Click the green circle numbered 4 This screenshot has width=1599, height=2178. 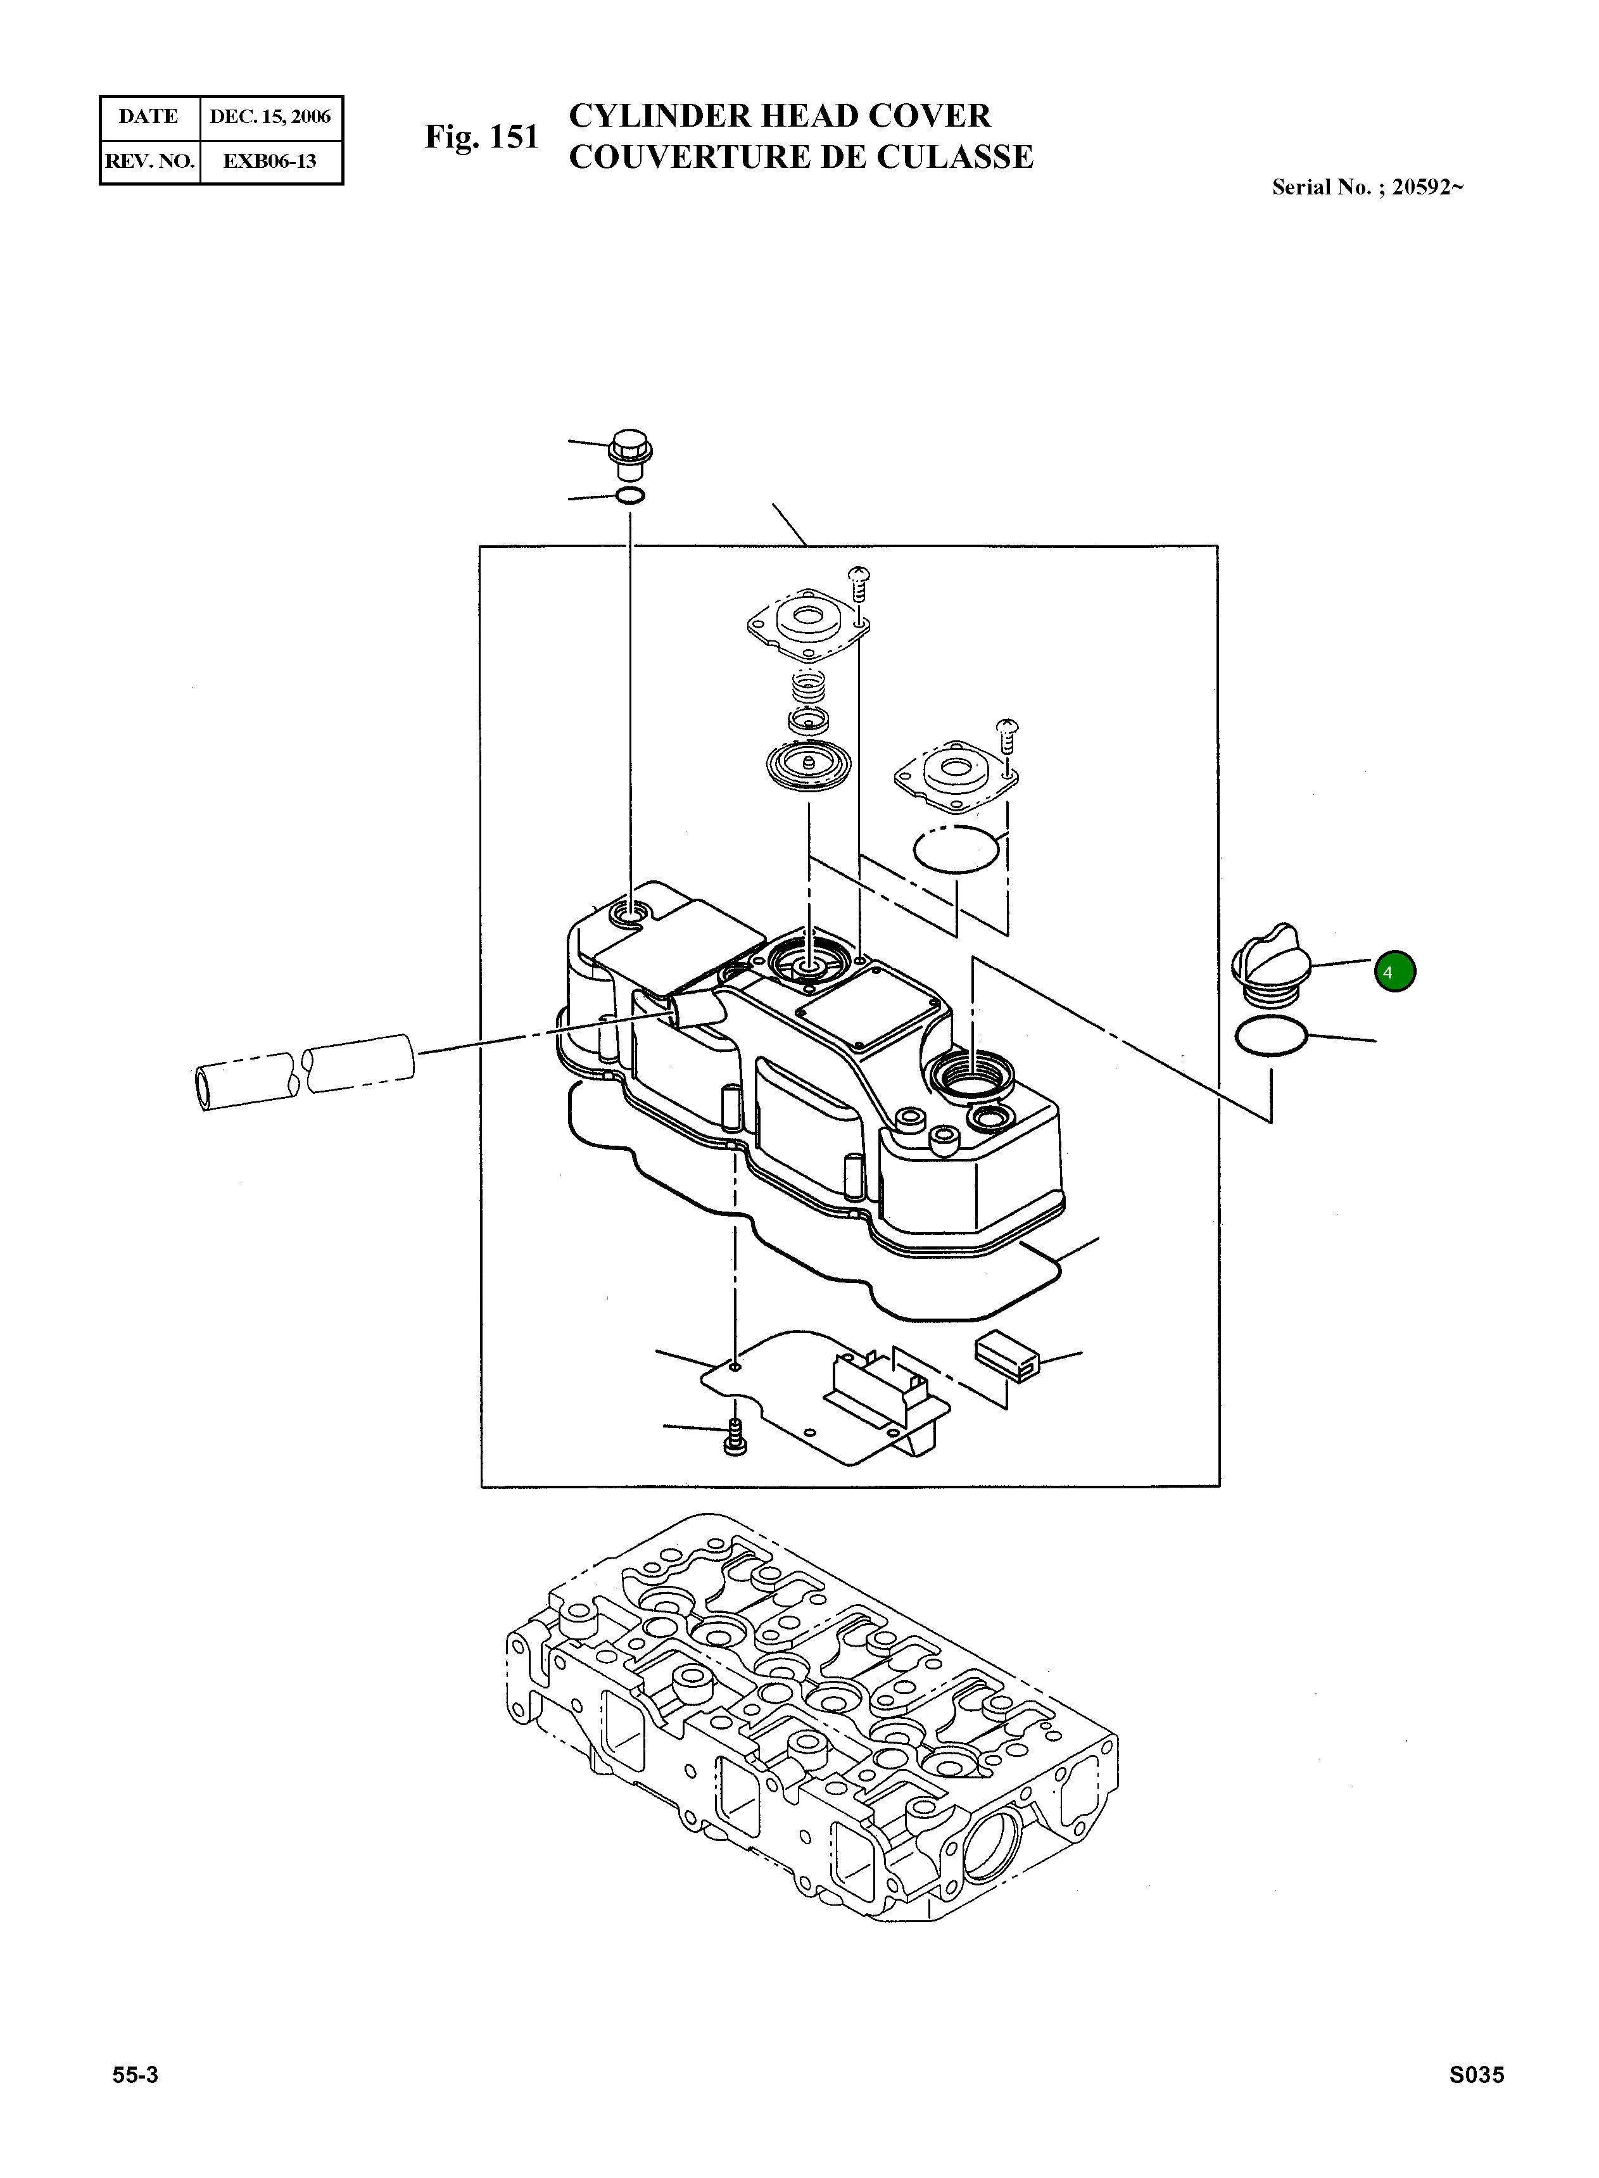click(1394, 972)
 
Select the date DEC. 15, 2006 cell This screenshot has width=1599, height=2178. click(270, 117)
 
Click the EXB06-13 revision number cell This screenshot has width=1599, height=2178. click(270, 161)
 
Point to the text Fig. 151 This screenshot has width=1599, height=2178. click(481, 137)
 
